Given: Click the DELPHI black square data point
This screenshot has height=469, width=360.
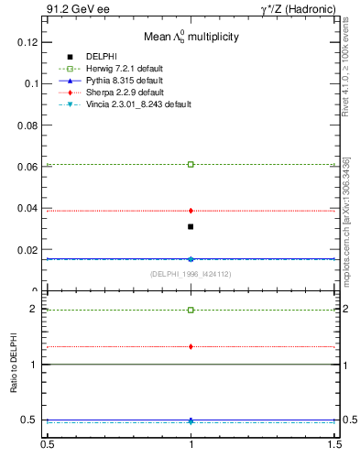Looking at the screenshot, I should coord(191,226).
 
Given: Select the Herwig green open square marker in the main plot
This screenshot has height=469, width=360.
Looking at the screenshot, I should coord(191,164).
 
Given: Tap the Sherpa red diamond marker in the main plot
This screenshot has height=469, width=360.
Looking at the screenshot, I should coord(191,211).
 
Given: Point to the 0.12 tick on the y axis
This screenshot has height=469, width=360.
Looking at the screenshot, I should coord(29,42).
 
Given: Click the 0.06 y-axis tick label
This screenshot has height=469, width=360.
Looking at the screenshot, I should coord(29,167).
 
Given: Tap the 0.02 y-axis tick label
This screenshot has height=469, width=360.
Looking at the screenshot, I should coord(29,249).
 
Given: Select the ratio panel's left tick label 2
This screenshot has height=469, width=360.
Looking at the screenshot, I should coord(34,310).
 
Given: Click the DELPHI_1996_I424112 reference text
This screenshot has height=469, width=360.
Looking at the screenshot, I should coord(191,274).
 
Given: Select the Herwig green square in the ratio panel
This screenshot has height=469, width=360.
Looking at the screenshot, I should coord(191,310).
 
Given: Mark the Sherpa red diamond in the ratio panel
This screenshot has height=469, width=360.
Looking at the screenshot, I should coord(191,346).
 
